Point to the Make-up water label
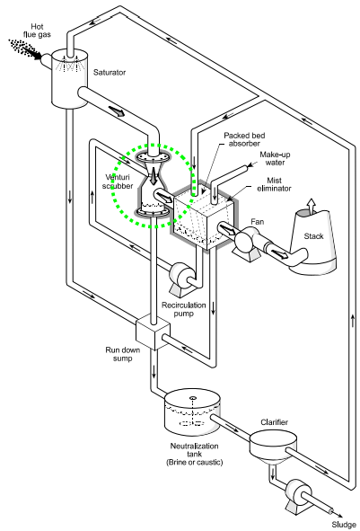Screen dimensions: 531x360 coord(279,159)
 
